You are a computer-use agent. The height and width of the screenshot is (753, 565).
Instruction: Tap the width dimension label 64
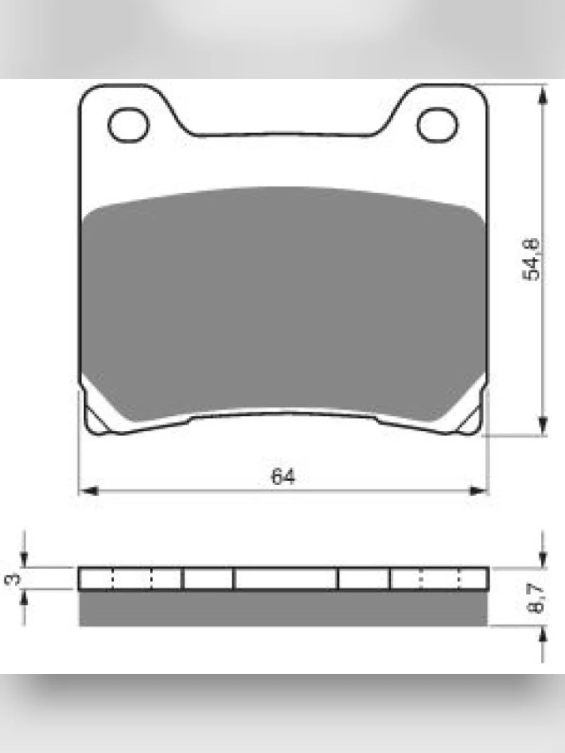pos(283,476)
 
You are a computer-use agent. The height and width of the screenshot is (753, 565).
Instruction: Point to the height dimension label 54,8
pos(530,259)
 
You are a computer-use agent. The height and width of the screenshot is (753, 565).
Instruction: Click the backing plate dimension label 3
pos(13,579)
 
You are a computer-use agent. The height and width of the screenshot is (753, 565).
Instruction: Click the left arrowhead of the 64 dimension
pos(89,491)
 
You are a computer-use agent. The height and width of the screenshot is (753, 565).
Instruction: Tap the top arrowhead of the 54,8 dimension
pos(542,95)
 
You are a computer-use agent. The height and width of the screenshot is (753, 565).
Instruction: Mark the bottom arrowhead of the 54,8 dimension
pos(542,426)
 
